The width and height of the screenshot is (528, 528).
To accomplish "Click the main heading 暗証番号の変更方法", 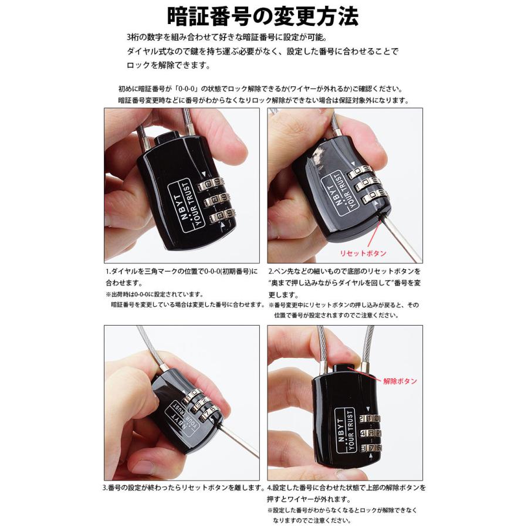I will click(x=263, y=17).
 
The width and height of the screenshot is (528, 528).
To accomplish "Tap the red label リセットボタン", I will click(x=364, y=253).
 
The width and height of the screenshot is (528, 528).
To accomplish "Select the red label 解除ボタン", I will click(x=400, y=381).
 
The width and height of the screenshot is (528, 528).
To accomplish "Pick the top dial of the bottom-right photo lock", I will click(x=370, y=418).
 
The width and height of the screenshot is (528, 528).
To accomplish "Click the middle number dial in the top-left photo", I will click(x=215, y=201).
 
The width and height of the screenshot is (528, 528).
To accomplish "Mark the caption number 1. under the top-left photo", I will click(x=108, y=272).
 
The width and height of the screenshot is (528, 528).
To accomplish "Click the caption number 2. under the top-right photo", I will click(x=271, y=272).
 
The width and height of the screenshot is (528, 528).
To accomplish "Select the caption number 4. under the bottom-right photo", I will click(x=270, y=488).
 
